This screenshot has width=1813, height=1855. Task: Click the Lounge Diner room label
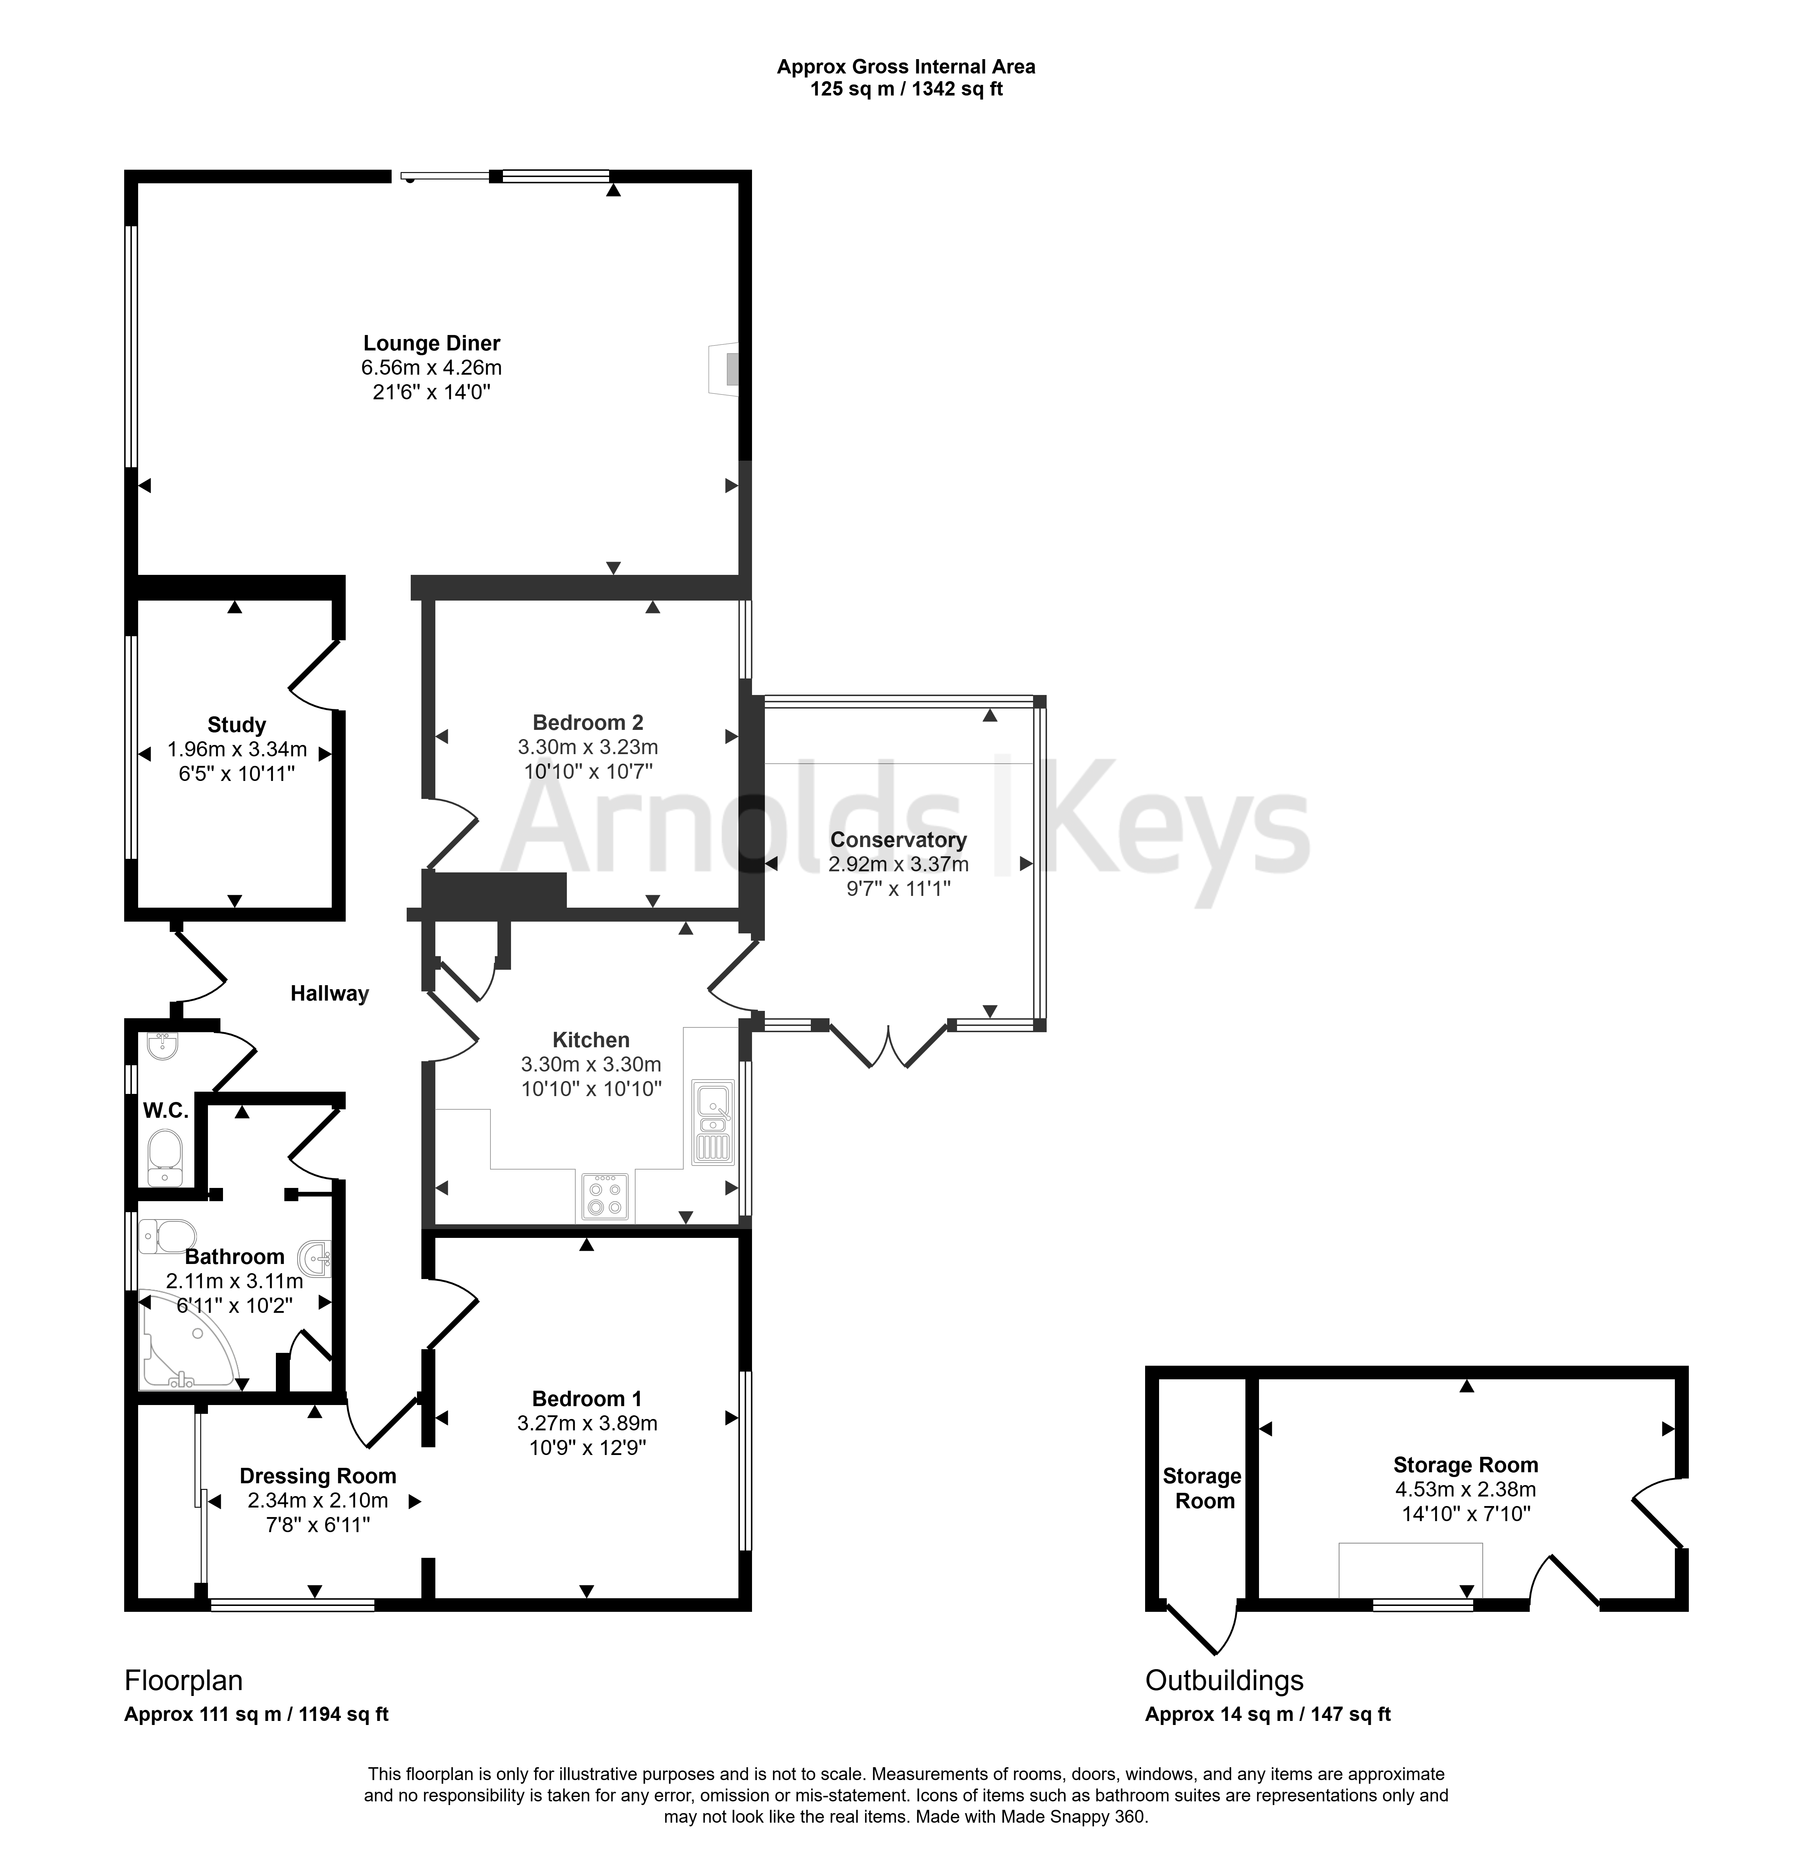pos(431,343)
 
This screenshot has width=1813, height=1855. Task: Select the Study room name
pos(236,725)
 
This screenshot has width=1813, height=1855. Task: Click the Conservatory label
pos(898,840)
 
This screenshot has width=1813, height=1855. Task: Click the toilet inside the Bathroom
pos(167,1236)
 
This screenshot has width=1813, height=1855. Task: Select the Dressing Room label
pos(318,1476)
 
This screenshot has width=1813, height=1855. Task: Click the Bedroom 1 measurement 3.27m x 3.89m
pos(587,1424)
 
